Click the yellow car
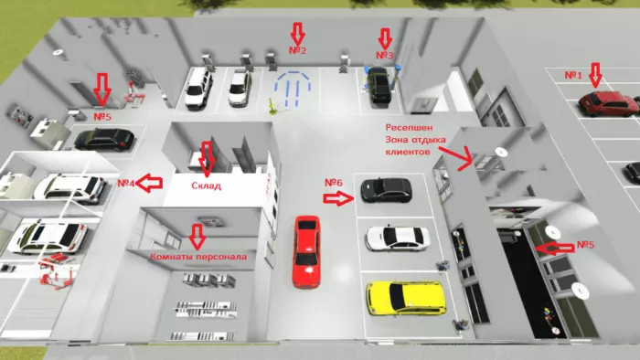pyautogui.click(x=406, y=298)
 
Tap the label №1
pyautogui.click(x=573, y=76)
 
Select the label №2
pyautogui.click(x=297, y=50)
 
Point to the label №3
pyautogui.click(x=384, y=55)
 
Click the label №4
pyautogui.click(x=126, y=183)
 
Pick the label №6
pyautogui.click(x=334, y=183)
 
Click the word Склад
pyautogui.click(x=206, y=185)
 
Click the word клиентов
pyautogui.click(x=408, y=152)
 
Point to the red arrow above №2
pyautogui.click(x=298, y=34)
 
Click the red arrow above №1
pyautogui.click(x=596, y=75)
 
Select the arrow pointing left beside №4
pyautogui.click(x=149, y=183)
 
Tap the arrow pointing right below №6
pyautogui.click(x=338, y=199)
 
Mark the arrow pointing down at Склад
pyautogui.click(x=208, y=159)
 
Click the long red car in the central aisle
pyautogui.click(x=306, y=251)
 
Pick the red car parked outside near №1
pyautogui.click(x=608, y=103)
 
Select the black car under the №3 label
pyautogui.click(x=379, y=84)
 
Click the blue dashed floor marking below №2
pyautogui.click(x=293, y=90)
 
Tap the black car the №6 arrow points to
pyautogui.click(x=386, y=190)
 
